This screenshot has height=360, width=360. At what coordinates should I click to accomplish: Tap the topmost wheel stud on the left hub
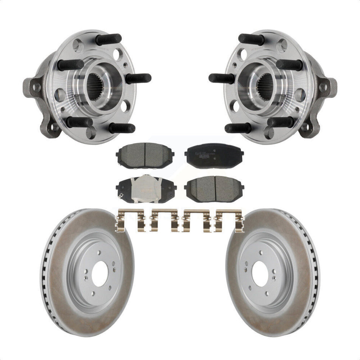109,39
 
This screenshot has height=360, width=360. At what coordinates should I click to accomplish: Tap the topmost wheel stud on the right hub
251,39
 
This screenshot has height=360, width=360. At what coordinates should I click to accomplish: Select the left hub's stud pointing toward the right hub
138,78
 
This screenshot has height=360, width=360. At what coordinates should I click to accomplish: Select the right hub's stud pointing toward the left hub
222,78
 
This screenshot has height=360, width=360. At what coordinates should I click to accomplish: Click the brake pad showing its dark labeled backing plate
214,155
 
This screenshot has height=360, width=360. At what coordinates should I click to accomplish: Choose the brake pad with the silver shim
146,188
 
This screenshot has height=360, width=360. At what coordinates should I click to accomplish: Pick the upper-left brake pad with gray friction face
146,156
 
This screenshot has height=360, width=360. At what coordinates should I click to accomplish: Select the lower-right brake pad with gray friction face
214,188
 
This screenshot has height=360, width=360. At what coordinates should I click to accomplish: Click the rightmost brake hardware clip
229,219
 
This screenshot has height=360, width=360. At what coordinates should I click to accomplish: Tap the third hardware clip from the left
196,219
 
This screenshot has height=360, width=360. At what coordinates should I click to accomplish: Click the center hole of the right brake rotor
260,274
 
